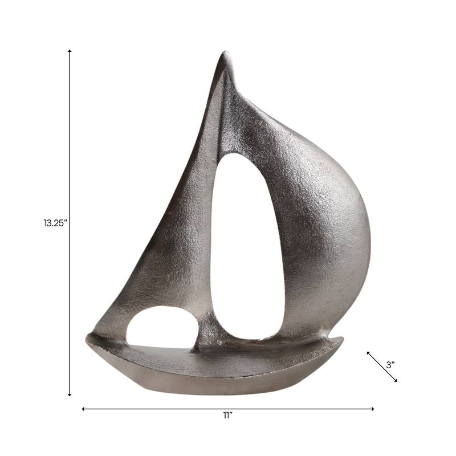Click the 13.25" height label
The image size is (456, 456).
[55, 223]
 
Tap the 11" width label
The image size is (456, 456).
[228, 416]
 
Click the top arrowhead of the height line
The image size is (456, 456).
[70, 51]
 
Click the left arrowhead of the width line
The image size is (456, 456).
[84, 409]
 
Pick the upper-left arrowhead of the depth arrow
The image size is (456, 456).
[368, 353]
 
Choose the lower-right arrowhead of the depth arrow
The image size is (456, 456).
[396, 380]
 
